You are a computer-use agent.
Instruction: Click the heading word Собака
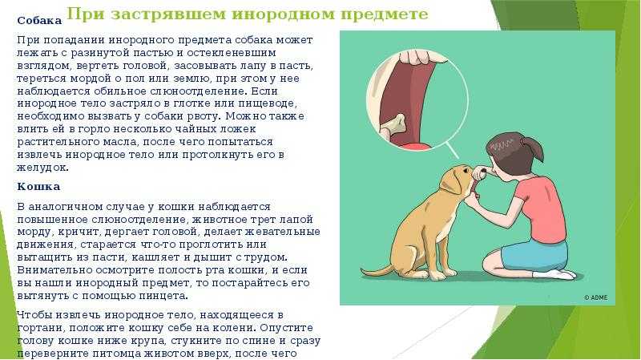(39, 21)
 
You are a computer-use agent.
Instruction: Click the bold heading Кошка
(38, 187)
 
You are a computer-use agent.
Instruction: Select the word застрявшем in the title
(168, 14)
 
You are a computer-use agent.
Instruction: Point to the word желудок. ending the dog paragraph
(43, 168)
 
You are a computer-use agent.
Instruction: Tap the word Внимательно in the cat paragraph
(54, 270)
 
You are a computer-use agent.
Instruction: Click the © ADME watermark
(595, 297)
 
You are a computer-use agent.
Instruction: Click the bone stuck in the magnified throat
(393, 125)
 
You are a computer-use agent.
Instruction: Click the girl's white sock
(555, 273)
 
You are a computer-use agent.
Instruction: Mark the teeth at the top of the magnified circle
(423, 57)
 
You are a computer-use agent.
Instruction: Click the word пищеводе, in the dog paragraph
(268, 103)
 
